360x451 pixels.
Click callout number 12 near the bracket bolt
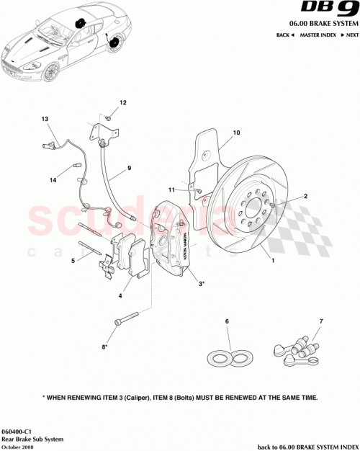point(122,103)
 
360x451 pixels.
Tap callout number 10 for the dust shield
point(235,133)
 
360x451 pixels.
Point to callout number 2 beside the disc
point(305,196)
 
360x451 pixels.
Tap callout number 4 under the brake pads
point(120,295)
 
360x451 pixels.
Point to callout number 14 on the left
point(53,180)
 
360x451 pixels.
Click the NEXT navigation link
point(351,35)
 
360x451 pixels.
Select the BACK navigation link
point(285,35)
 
